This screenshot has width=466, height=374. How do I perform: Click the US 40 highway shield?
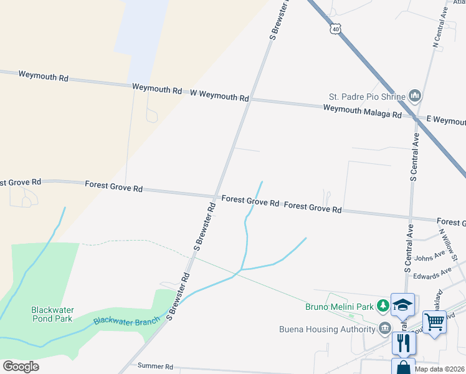336,29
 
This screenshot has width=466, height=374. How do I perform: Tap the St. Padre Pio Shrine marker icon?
415,96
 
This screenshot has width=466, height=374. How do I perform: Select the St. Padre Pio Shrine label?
366,97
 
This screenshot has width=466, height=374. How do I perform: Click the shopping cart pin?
434,322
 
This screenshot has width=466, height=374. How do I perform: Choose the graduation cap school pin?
402,304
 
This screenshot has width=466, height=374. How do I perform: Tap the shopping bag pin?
402,367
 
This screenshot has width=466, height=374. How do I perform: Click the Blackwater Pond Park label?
52,314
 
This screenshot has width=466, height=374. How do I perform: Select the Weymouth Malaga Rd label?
362,112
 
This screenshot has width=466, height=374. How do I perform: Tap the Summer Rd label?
154,367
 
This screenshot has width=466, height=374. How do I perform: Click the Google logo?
21,367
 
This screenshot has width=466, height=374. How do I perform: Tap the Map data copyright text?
440,369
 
